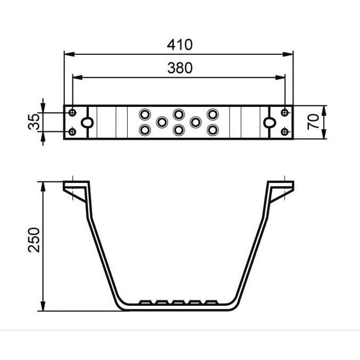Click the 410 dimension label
tap(180, 45)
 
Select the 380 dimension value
tap(180, 68)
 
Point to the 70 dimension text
tap(313, 122)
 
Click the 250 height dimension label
tap(34, 240)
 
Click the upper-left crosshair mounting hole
tap(72, 113)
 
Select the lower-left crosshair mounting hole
tap(72, 132)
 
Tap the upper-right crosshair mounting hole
tap(284, 113)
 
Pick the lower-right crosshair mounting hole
tap(284, 132)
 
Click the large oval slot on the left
tap(87, 122)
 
